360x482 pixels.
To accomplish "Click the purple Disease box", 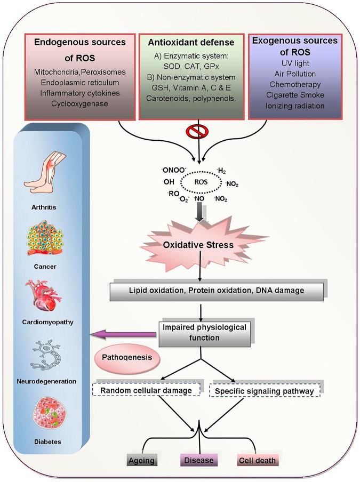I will coord(198,460).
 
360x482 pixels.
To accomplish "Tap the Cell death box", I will coord(258,460).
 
